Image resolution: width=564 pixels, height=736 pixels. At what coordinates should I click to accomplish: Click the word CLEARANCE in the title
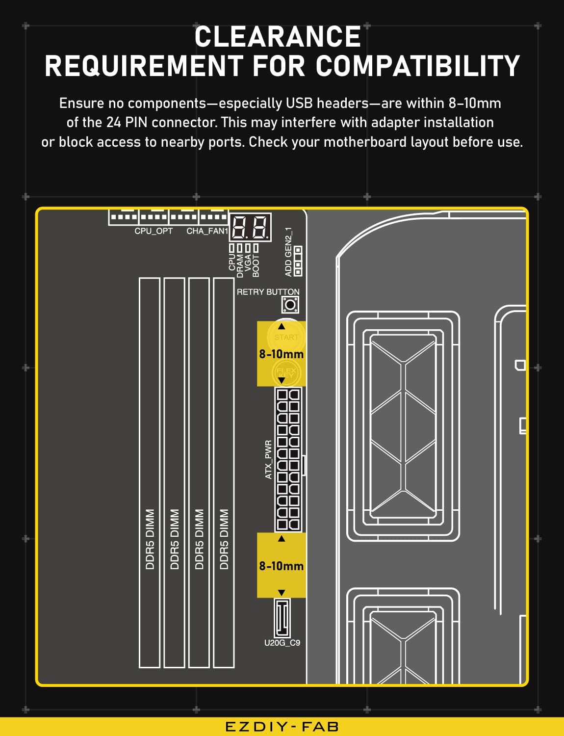(x=278, y=37)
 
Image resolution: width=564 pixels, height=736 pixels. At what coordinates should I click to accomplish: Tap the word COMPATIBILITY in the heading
(x=418, y=66)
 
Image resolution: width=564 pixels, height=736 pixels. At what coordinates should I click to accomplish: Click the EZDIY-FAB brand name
(x=282, y=727)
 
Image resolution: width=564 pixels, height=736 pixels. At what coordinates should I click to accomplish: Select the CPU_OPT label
(x=154, y=231)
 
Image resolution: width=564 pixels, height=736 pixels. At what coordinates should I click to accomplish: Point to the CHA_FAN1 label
(x=207, y=231)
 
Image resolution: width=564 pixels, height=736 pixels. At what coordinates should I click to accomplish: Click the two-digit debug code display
(x=251, y=227)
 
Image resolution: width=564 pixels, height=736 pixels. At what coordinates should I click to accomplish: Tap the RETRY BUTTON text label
(x=268, y=292)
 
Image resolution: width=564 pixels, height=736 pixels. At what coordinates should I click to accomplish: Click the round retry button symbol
(x=290, y=305)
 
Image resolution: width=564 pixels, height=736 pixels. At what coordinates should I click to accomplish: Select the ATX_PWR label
(x=268, y=460)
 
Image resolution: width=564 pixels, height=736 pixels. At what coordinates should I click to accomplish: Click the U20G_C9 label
(x=282, y=643)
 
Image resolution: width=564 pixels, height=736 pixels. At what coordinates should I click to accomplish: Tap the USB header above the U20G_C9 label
(x=282, y=618)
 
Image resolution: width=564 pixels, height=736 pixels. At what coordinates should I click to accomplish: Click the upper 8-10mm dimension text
(x=282, y=354)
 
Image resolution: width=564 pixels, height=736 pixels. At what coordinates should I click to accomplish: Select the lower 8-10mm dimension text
(x=282, y=566)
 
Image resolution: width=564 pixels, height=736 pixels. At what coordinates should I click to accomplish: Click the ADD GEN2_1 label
(x=288, y=252)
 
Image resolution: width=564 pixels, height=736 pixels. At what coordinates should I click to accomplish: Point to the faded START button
(x=286, y=337)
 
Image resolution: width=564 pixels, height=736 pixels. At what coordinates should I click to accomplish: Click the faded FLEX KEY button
(x=286, y=372)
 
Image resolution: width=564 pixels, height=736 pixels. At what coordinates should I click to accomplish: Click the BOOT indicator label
(x=256, y=266)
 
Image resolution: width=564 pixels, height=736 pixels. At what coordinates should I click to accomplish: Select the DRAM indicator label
(x=240, y=266)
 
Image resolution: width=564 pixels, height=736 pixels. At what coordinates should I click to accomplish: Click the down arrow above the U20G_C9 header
(x=282, y=593)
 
